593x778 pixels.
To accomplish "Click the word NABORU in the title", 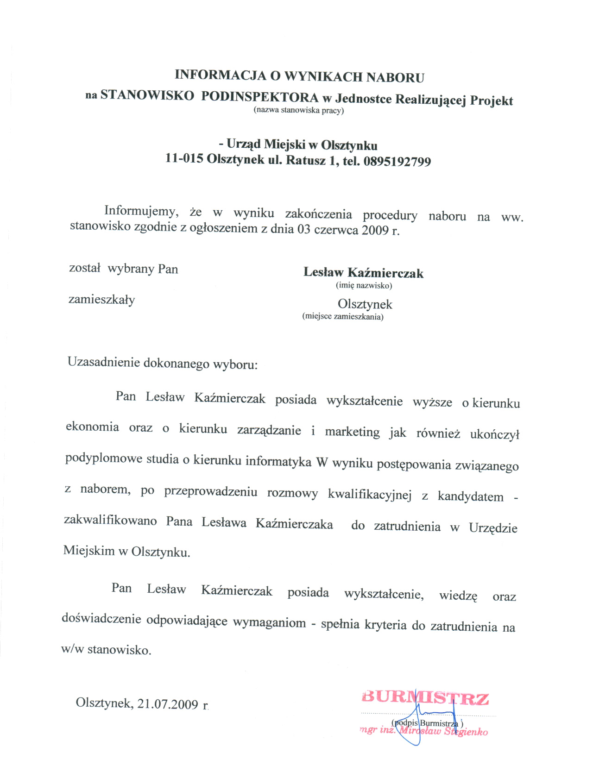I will (395, 77).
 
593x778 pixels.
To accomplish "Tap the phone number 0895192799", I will (397, 162).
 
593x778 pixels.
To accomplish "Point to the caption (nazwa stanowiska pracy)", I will (298, 111).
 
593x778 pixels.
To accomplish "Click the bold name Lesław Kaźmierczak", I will (363, 273).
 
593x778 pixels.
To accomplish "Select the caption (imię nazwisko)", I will (364, 285).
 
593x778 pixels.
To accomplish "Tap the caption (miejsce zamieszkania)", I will (343, 317).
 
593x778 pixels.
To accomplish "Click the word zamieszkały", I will (102, 300).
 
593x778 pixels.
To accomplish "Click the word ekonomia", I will (92, 427).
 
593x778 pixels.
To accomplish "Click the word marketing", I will (352, 432).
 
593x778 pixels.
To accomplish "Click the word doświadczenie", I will (101, 620).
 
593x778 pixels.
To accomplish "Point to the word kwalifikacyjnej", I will (370, 495).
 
